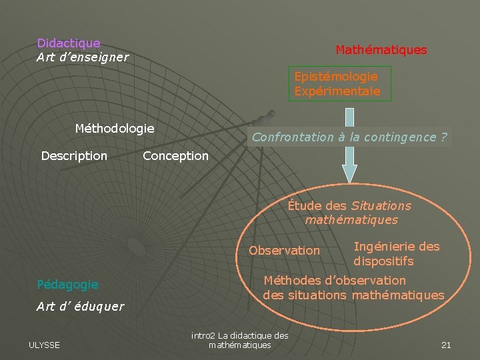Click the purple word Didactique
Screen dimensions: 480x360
(x=69, y=43)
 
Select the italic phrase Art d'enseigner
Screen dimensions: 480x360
(x=83, y=57)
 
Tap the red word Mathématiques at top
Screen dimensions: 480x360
(x=381, y=50)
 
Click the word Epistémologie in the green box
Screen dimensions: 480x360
(x=336, y=77)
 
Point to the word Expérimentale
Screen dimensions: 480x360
(x=337, y=91)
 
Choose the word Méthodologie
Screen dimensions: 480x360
(x=115, y=128)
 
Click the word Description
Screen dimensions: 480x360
(x=74, y=156)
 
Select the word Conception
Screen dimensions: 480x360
(x=175, y=156)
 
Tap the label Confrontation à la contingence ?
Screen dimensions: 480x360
(x=349, y=137)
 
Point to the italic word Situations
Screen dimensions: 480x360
(x=381, y=206)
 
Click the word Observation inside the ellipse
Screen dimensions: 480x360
(x=284, y=251)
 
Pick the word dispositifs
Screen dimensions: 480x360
(x=383, y=261)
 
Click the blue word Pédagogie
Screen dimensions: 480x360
(x=67, y=285)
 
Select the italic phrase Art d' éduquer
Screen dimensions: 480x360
(x=80, y=307)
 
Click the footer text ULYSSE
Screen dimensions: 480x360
(x=44, y=345)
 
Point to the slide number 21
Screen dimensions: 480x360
(x=446, y=345)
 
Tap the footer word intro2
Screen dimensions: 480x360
(x=203, y=335)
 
